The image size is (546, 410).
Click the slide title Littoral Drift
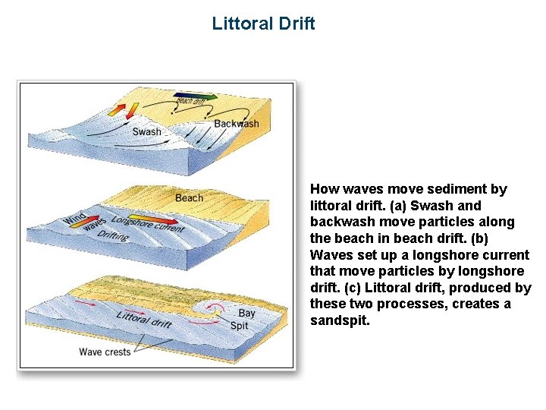tap(263, 23)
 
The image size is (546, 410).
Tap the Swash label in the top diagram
tap(146, 131)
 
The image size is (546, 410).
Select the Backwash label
tap(236, 123)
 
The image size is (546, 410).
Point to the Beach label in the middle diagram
tap(189, 197)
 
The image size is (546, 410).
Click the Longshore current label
tap(147, 223)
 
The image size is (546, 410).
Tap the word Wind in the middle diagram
tap(75, 216)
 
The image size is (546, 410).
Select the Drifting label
tap(112, 236)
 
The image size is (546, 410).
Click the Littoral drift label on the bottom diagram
tap(145, 318)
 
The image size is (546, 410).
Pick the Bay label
tap(247, 313)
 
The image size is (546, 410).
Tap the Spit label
tap(239, 326)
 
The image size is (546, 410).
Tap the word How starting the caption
tap(325, 189)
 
